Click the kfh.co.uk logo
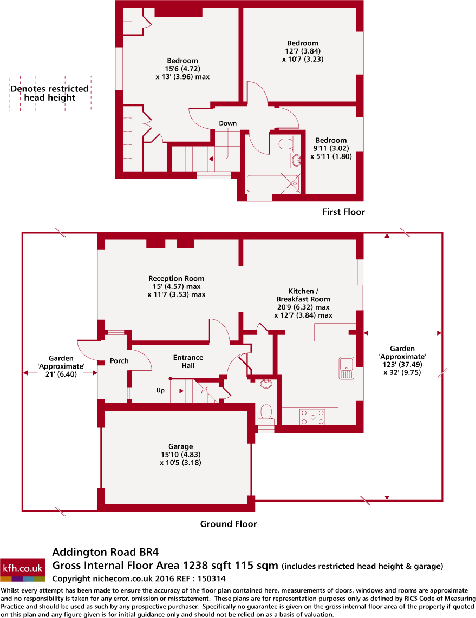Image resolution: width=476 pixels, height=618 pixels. (23, 569)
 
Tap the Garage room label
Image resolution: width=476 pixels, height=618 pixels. (180, 446)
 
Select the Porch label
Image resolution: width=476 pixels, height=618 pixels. (119, 361)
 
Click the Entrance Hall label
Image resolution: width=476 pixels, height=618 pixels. (188, 361)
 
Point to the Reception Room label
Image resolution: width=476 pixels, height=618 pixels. (176, 279)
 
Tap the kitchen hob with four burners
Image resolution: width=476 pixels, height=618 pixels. (312, 417)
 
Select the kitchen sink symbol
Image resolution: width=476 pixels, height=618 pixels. (345, 367)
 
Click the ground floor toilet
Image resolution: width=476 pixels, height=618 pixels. (266, 413)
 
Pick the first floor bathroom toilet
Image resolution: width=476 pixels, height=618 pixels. (285, 143)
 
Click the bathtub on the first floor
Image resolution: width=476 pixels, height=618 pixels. (272, 184)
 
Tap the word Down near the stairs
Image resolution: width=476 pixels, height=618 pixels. (227, 123)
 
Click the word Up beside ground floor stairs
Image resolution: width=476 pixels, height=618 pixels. (160, 390)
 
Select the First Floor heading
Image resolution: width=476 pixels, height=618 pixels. (343, 212)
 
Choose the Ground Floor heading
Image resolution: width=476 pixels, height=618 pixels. (229, 523)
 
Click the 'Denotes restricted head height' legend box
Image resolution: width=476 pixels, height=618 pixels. (50, 93)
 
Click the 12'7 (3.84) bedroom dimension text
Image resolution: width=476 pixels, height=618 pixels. (303, 51)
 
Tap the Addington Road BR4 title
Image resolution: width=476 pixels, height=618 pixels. (105, 553)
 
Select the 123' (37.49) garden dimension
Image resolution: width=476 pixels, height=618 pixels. (402, 365)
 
